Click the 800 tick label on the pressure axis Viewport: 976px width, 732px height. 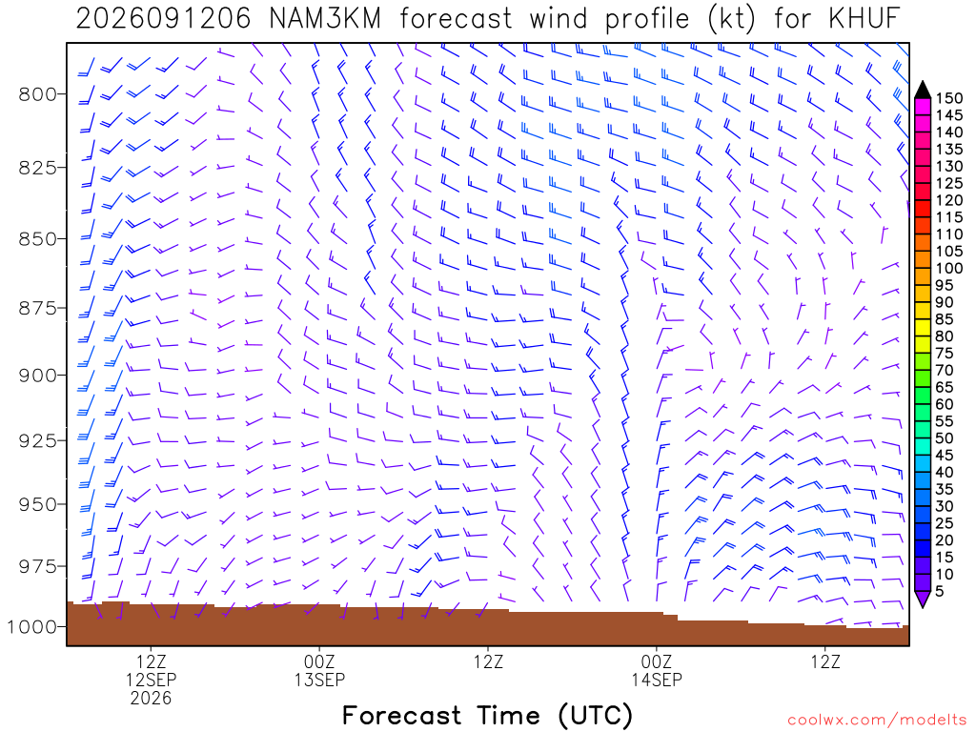[37, 94]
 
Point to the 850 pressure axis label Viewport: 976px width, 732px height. [37, 239]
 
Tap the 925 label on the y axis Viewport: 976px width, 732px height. [37, 440]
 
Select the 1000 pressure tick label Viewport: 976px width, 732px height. [31, 627]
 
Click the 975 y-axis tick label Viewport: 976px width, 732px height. [37, 566]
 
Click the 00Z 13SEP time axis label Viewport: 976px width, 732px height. [319, 670]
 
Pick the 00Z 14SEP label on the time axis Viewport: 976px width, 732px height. [657, 670]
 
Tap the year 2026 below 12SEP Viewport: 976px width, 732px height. [151, 698]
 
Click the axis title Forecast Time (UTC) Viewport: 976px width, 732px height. [487, 716]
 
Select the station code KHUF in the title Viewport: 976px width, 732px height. [864, 19]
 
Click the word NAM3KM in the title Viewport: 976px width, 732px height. [325, 19]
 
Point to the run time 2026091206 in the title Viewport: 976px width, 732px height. [163, 19]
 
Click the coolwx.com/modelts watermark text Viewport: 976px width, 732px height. [877, 721]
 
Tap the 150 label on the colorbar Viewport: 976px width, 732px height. [949, 98]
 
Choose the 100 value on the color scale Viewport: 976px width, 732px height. [949, 268]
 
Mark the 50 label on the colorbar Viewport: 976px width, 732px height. [945, 438]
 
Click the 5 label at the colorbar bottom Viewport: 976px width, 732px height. [940, 591]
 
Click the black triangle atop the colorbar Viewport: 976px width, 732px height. [923, 91]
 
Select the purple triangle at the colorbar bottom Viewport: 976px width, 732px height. [923, 599]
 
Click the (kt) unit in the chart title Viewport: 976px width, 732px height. [731, 19]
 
